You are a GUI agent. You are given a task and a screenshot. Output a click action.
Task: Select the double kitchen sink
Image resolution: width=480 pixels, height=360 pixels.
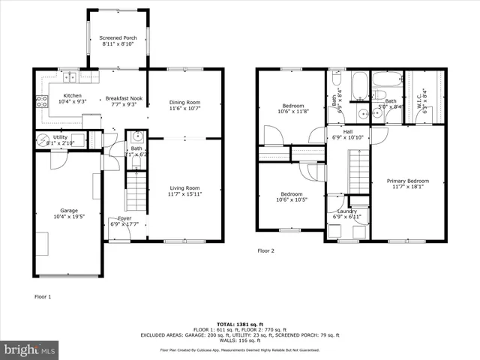[x=69, y=76]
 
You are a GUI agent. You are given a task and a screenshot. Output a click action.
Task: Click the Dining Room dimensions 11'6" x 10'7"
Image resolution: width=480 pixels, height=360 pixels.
[x=184, y=108]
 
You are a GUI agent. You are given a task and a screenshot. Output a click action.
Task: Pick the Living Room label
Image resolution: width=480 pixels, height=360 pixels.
[x=183, y=187]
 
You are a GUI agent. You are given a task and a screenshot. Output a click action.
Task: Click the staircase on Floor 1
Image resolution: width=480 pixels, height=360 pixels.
[x=136, y=190]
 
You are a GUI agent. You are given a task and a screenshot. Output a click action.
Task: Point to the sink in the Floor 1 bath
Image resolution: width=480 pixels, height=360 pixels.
[x=136, y=137]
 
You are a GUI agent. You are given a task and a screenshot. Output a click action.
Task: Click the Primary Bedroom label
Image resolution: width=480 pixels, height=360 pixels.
[x=408, y=181]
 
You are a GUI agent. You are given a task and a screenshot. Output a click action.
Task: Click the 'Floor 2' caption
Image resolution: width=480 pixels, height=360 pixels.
[x=266, y=250]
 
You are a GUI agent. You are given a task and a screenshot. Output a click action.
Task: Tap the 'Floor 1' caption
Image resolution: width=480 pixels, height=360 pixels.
[x=43, y=297]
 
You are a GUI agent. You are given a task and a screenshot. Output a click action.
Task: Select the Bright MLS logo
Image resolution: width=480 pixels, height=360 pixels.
[x=29, y=349]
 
